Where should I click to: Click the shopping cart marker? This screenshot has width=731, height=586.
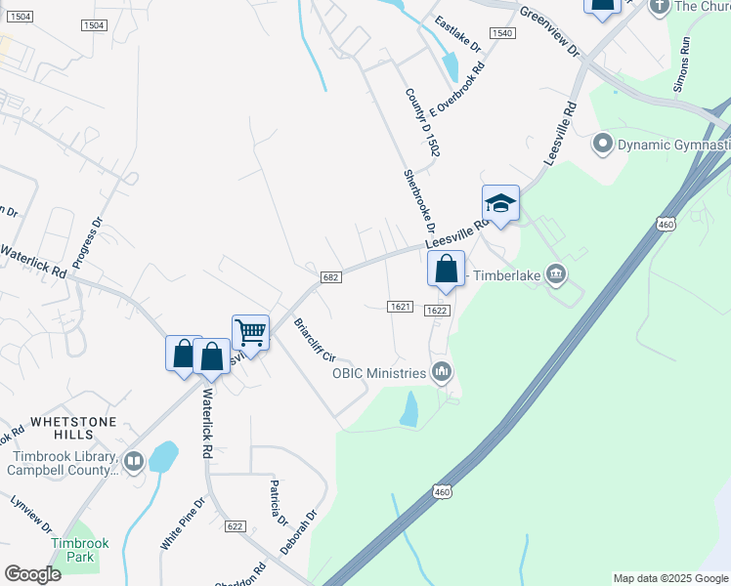click(250, 333)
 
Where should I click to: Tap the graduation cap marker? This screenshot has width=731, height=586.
click(499, 203)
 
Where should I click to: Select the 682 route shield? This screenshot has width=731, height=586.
click(330, 278)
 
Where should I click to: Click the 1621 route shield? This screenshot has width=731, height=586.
click(398, 307)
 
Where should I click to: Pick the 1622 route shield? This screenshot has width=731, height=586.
click(437, 311)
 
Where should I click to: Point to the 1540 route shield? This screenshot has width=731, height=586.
click(502, 33)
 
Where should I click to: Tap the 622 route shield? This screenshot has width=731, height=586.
click(234, 525)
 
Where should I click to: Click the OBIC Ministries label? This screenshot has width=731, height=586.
click(380, 372)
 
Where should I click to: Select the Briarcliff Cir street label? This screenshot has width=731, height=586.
click(315, 340)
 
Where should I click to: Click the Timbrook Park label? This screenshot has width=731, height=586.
click(79, 549)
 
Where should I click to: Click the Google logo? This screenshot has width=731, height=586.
click(32, 574)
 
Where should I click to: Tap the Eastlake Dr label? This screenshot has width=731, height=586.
click(458, 34)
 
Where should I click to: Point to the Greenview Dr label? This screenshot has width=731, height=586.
click(549, 31)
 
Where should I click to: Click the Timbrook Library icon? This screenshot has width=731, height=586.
click(133, 460)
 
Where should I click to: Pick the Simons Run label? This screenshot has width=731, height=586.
click(682, 65)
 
